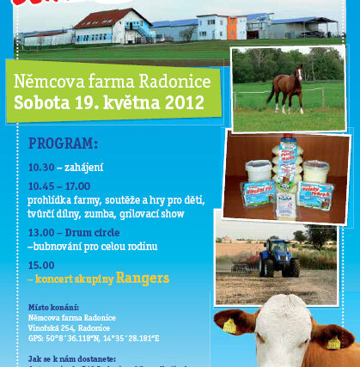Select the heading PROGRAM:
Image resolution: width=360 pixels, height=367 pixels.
pos(63,143)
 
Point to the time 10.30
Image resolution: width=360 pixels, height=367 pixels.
pos(41,167)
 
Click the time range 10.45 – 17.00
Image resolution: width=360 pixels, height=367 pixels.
pos(65,185)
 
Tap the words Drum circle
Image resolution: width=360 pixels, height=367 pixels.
pos(95,232)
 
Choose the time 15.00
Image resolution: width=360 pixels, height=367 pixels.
pos(41,265)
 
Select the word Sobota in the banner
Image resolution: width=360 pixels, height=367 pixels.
pos(40,104)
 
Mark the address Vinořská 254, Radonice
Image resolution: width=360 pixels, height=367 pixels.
pos(76,327)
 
